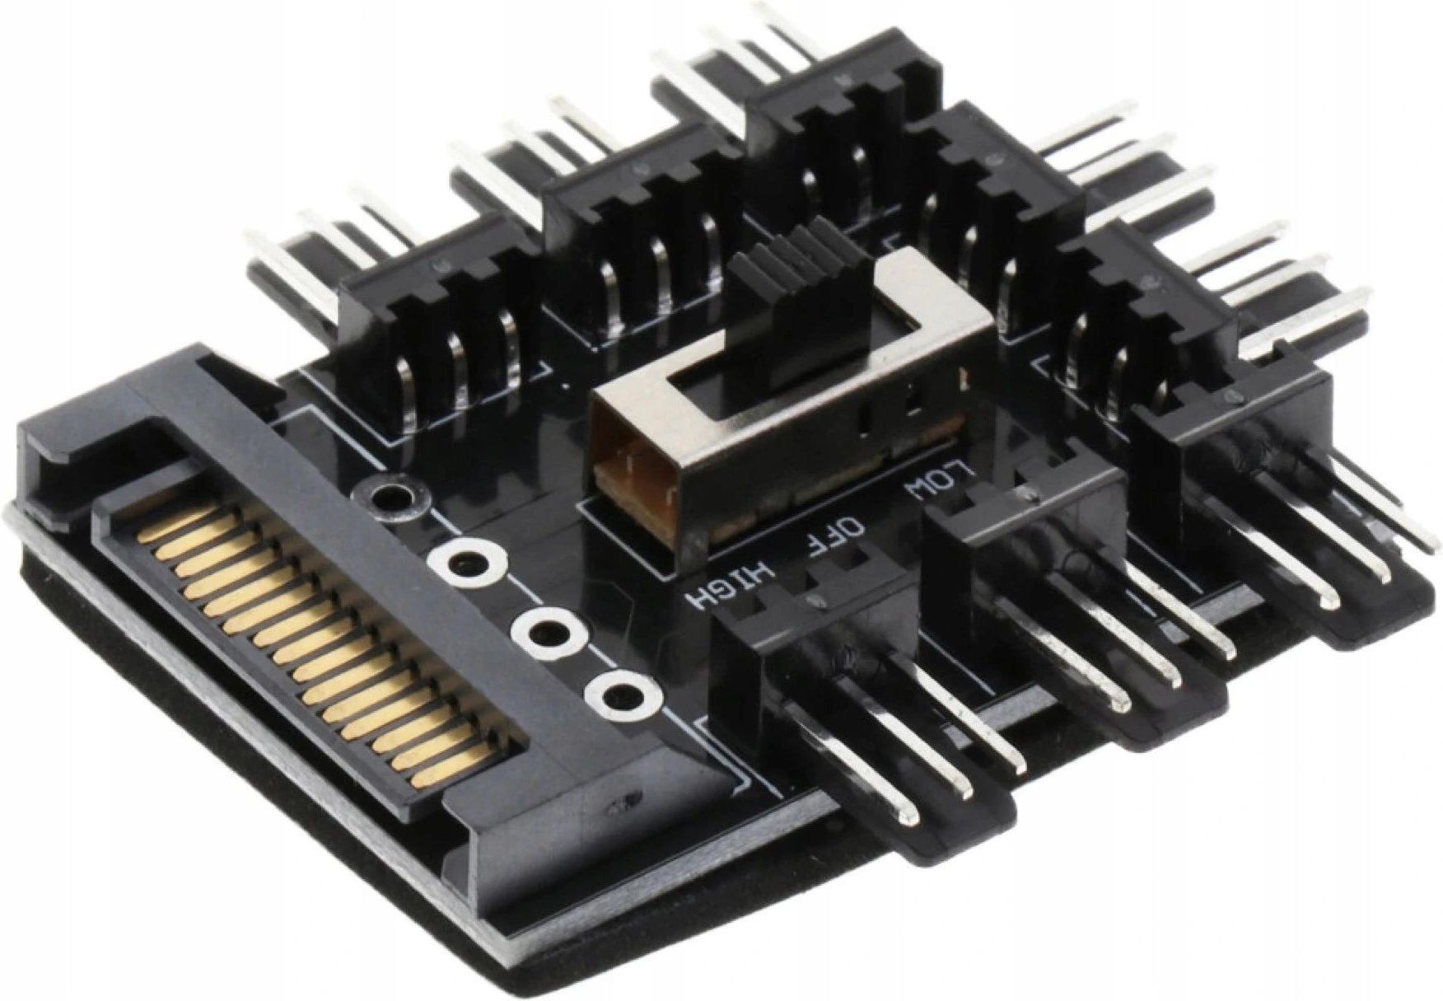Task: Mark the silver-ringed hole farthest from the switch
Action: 614,690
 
